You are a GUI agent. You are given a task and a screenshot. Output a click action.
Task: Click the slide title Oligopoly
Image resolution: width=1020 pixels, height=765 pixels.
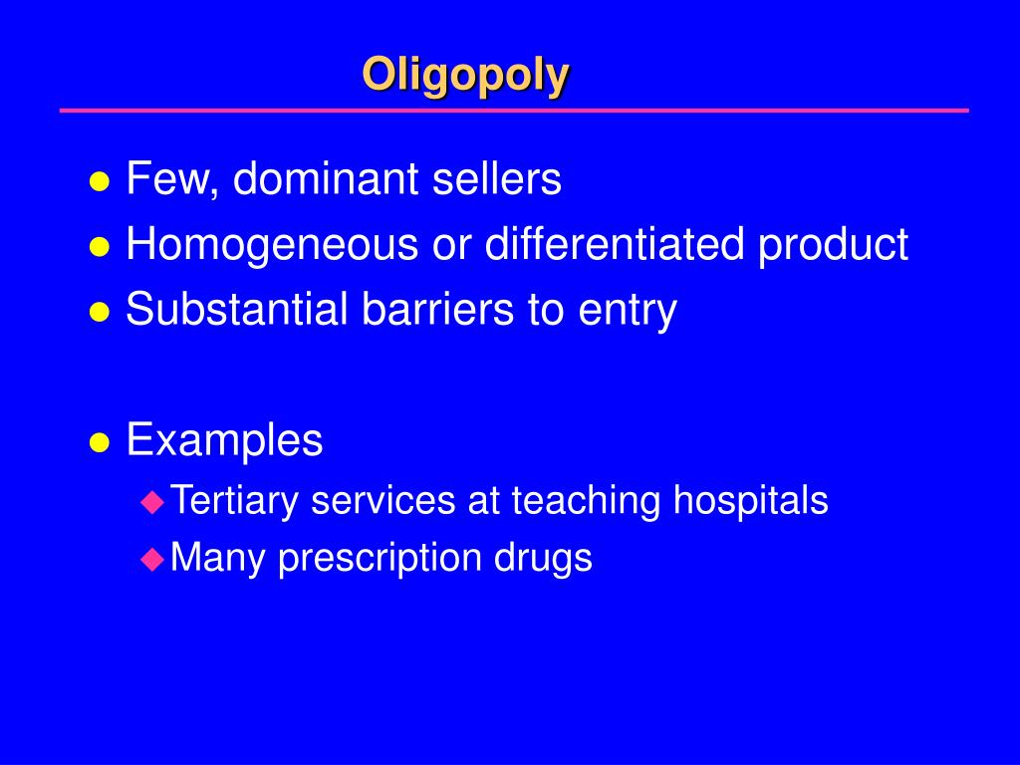465,75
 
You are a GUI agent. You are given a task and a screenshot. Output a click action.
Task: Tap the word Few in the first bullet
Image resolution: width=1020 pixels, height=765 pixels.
162,180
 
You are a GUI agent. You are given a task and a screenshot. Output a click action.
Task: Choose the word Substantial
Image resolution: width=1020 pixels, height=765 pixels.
237,310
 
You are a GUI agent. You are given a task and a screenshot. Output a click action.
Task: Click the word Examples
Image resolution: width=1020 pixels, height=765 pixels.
224,439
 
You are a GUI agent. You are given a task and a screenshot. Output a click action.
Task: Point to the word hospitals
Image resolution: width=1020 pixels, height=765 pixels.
750,500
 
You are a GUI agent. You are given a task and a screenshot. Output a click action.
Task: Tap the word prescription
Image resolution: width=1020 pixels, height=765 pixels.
381,558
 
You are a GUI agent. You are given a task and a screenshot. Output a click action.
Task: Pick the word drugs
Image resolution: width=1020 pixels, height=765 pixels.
543,558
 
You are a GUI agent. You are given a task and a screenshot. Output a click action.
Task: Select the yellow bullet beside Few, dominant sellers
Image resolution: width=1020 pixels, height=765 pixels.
99,182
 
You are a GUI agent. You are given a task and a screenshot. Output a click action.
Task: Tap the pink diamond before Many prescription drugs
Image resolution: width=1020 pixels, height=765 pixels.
151,559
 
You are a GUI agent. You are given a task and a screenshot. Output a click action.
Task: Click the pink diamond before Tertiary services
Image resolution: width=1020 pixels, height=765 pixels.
151,501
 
